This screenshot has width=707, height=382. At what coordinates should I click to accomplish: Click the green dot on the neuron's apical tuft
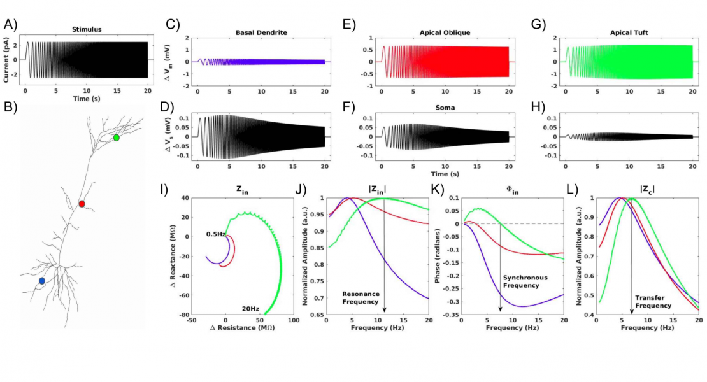[116, 138]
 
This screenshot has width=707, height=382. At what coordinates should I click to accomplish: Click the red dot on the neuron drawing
[82, 204]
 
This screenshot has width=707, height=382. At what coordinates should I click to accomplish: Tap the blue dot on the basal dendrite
[42, 281]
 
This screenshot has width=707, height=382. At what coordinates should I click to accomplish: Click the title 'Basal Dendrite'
[261, 32]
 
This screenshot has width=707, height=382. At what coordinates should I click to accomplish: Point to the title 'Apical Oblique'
[445, 32]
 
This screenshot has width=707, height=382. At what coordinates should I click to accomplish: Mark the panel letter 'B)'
[11, 106]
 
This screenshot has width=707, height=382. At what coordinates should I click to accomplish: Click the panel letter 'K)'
[438, 189]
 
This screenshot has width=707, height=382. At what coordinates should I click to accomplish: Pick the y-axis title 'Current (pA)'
[7, 60]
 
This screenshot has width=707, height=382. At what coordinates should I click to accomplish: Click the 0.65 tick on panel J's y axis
[317, 315]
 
